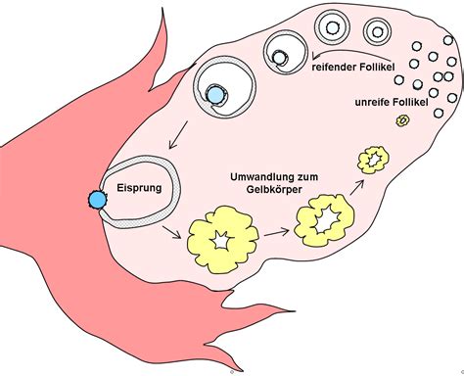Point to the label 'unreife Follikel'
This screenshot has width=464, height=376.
pos(394,102)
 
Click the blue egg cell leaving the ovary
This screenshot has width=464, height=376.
pos(97,201)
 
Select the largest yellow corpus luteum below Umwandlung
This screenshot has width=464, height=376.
pos(223,238)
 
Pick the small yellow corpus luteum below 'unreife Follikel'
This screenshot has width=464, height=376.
pos(373,158)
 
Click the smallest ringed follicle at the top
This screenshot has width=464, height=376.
pos(333,23)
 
